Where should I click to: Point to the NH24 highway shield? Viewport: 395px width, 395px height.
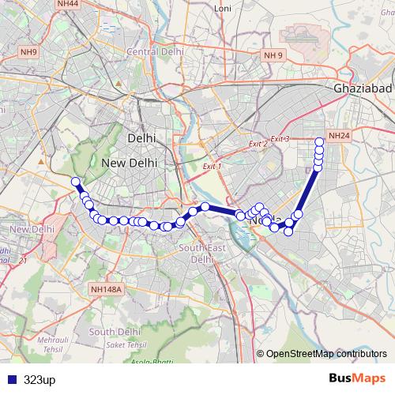pos(338,136)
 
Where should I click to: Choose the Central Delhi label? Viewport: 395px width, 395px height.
pos(156,51)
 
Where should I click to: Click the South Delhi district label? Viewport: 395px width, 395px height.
pos(116,331)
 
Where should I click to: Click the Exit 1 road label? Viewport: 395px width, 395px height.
pos(212,167)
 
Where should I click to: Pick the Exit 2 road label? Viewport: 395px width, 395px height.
pos(258,145)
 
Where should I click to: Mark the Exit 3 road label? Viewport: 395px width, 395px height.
pos(280,139)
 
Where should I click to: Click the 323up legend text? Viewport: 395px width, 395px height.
pos(39,380)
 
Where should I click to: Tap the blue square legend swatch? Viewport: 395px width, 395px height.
pos(12,380)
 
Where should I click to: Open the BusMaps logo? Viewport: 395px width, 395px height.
pos(357,379)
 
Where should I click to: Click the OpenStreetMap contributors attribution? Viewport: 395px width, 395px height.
pos(327,354)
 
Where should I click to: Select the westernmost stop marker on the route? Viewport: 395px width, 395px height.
pos(76,182)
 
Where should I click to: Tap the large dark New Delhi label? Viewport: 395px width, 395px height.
pos(130,162)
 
